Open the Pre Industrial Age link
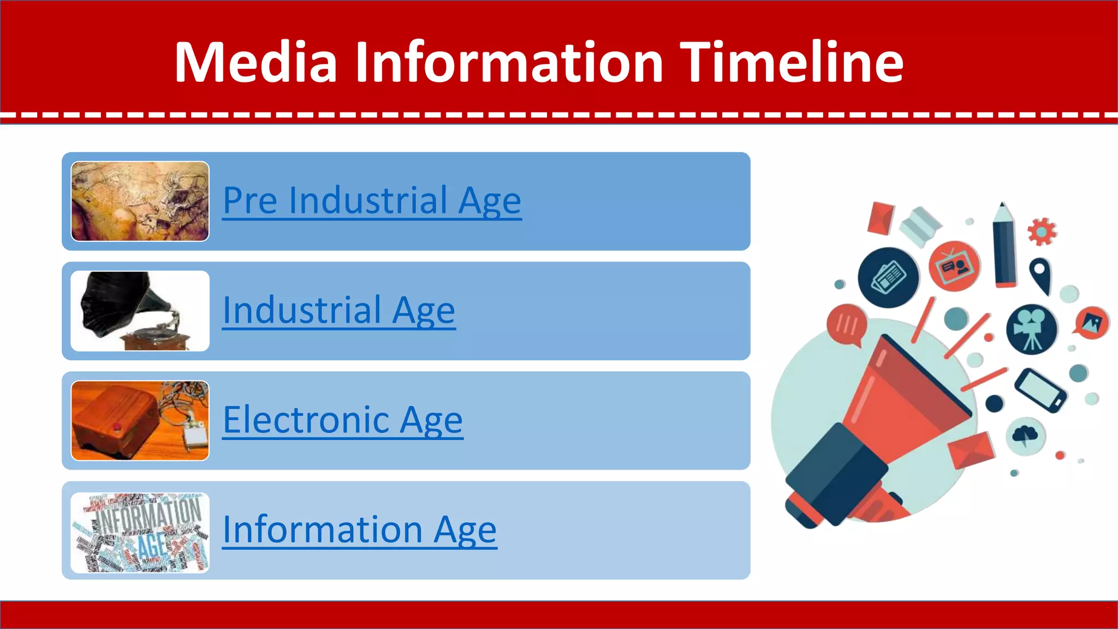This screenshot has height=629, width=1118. [x=372, y=200]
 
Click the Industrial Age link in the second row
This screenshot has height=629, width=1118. [x=339, y=310]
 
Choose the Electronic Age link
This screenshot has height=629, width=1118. [x=343, y=420]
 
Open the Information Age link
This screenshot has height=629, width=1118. [x=360, y=530]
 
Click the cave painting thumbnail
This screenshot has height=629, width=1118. [x=140, y=201]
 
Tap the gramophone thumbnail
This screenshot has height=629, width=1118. [x=140, y=311]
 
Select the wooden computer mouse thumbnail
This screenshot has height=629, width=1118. [x=140, y=420]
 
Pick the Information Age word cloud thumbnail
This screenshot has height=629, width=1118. [x=140, y=532]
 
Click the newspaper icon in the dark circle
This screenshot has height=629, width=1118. [x=888, y=277]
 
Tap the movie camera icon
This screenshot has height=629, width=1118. [x=1031, y=329]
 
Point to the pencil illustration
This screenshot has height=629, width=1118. [x=1004, y=246]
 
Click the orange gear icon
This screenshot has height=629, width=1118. [x=1042, y=232]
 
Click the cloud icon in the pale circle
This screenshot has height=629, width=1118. [x=1025, y=436]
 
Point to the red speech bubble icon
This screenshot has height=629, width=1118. [x=847, y=325]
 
